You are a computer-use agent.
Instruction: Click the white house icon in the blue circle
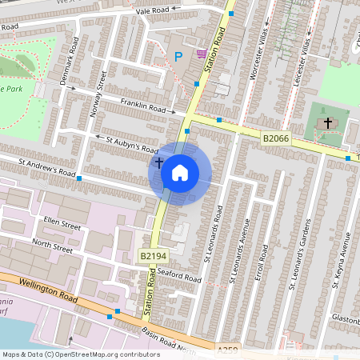click(x=180, y=172)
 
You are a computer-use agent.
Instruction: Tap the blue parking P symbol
click(x=178, y=57)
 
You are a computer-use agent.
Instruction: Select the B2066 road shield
click(x=276, y=138)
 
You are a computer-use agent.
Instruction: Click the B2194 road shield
click(x=150, y=256)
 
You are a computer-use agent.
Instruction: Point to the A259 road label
click(x=228, y=350)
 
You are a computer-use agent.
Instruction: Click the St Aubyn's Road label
click(x=133, y=143)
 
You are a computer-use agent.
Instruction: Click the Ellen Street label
click(x=63, y=225)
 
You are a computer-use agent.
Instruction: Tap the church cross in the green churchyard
click(x=327, y=123)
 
